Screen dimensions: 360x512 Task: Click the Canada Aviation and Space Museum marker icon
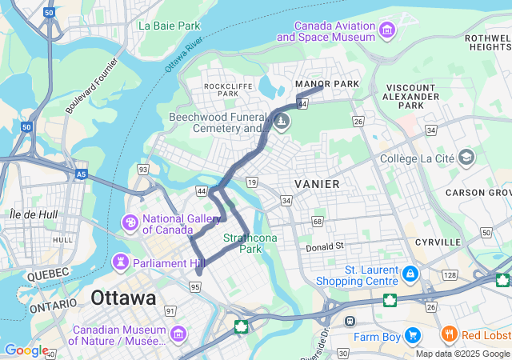pyautogui.click(x=388, y=30)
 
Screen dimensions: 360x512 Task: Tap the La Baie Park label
pyautogui.click(x=169, y=26)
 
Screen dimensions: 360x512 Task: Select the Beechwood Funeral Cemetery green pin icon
pyautogui.click(x=281, y=122)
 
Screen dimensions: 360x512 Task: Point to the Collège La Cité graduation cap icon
pyautogui.click(x=465, y=158)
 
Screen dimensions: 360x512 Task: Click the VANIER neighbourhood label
pyautogui.click(x=317, y=184)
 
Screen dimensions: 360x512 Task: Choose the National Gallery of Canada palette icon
pyautogui.click(x=130, y=221)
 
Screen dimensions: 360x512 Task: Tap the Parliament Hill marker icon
pyautogui.click(x=121, y=262)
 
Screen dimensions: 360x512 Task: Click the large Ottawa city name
pyautogui.click(x=123, y=298)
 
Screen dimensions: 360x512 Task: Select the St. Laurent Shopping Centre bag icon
pyautogui.click(x=410, y=274)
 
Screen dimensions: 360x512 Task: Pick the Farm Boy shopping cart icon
pyautogui.click(x=413, y=335)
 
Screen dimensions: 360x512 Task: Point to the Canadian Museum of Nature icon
pyautogui.click(x=178, y=333)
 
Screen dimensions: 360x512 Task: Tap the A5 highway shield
pyautogui.click(x=81, y=173)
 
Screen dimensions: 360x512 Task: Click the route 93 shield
pyautogui.click(x=142, y=169)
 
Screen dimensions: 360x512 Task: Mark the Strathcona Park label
pyautogui.click(x=250, y=243)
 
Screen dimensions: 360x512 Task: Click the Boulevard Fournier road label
pyautogui.click(x=92, y=84)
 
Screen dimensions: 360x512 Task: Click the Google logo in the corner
pyautogui.click(x=26, y=350)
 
